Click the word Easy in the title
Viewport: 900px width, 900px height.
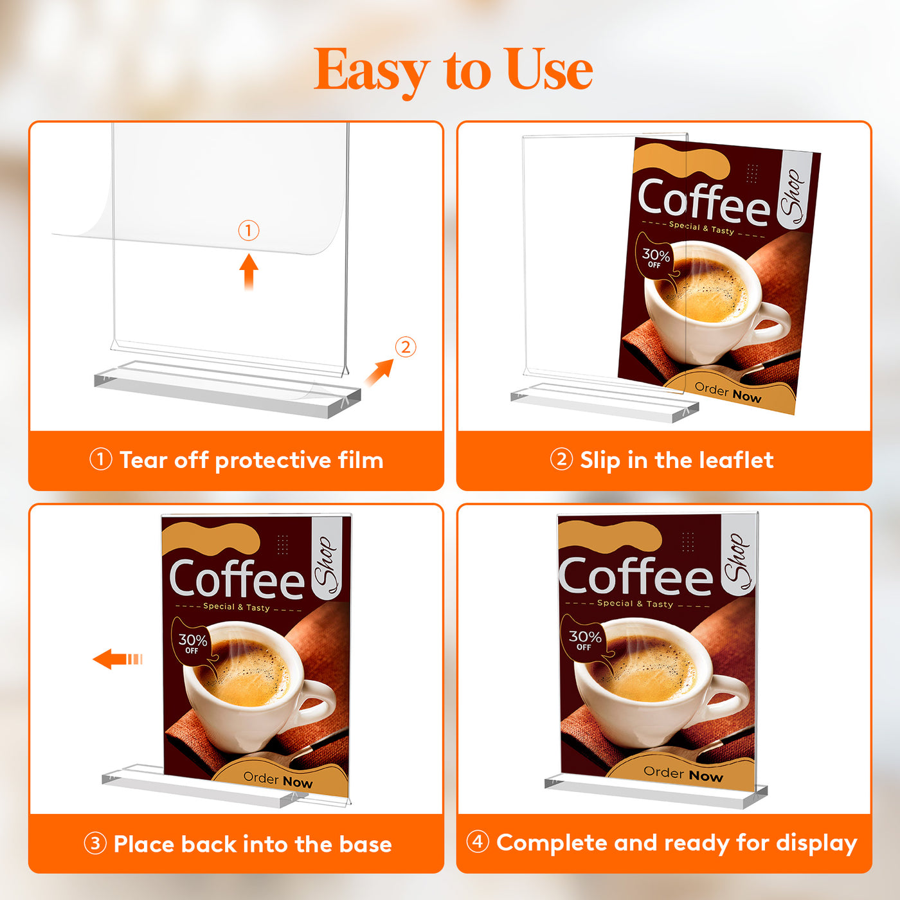[x=372, y=71]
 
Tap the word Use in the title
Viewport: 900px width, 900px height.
[x=551, y=69]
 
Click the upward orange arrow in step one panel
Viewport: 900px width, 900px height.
[x=249, y=272]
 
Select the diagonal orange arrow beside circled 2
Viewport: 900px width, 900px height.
[x=379, y=373]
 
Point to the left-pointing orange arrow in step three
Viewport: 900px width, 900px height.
[x=117, y=659]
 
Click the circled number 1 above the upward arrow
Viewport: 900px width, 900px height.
[x=249, y=231]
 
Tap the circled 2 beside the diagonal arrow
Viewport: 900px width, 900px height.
[x=406, y=347]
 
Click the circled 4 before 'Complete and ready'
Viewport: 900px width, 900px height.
[x=478, y=842]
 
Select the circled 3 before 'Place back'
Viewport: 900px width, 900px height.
[x=95, y=844]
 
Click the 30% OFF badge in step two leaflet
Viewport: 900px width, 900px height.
[x=656, y=258]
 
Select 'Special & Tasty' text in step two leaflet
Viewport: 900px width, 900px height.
[x=701, y=228]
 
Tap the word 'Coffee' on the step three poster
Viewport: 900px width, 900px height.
[x=237, y=579]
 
